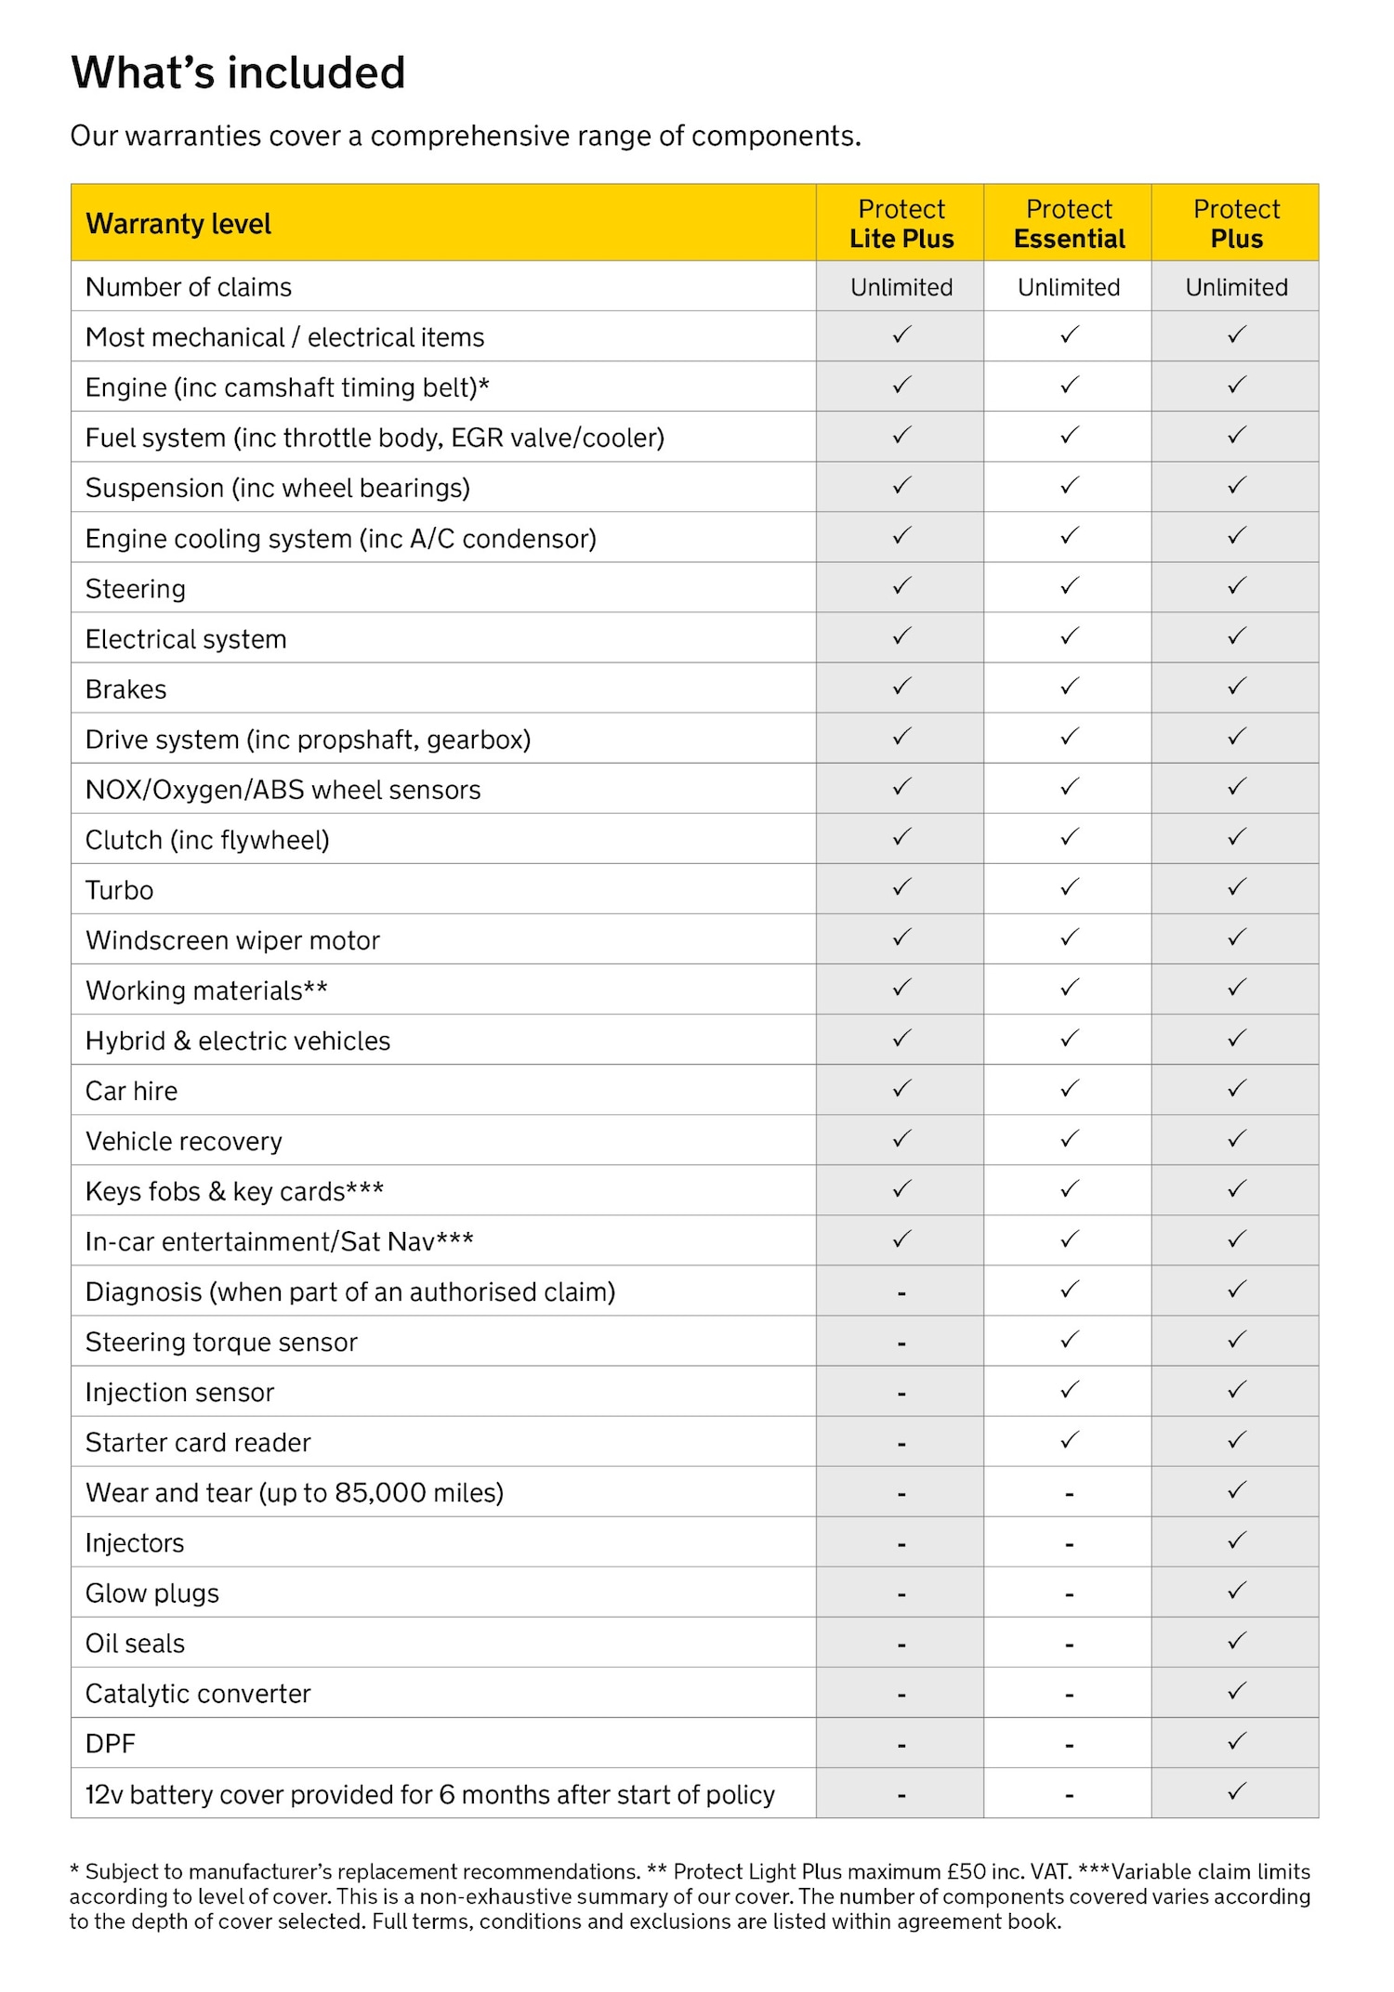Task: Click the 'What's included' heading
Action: (x=238, y=72)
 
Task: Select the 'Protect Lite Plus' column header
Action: (x=901, y=224)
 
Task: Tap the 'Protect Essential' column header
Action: (x=1069, y=224)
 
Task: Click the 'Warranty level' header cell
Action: (x=178, y=224)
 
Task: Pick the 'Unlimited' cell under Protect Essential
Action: (x=1069, y=287)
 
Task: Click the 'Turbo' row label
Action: (x=120, y=890)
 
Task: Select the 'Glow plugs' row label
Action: (x=152, y=1593)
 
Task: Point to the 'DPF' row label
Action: (x=111, y=1744)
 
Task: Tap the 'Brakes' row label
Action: (x=126, y=689)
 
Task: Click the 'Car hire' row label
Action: (x=132, y=1091)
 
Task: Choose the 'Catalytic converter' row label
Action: (x=198, y=1694)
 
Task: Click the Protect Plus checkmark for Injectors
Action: (x=1236, y=1541)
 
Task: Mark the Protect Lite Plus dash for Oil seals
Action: (x=901, y=1645)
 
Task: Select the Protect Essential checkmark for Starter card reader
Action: (x=1070, y=1441)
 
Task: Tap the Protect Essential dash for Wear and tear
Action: (x=1070, y=1494)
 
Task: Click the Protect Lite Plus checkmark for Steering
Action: (x=901, y=587)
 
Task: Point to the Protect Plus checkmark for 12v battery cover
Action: (x=1236, y=1792)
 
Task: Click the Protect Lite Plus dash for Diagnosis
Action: (x=901, y=1293)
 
